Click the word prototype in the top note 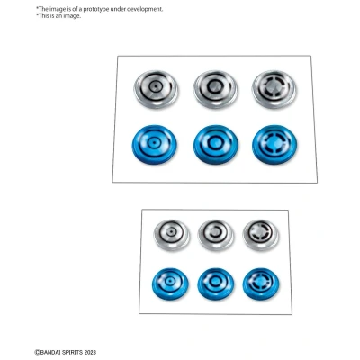tap(96, 10)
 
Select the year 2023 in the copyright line tap(90, 353)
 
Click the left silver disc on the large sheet tap(156, 90)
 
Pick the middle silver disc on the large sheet tap(215, 90)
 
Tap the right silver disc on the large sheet tap(274, 89)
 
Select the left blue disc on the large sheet tap(155, 145)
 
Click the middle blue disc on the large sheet tap(216, 145)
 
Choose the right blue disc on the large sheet tap(274, 145)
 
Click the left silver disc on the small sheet tap(172, 235)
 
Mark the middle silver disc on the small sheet tap(216, 235)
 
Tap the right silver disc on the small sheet tap(260, 235)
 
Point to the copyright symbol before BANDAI tap(37, 353)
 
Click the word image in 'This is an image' tap(74, 16)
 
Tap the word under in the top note tap(118, 9)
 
